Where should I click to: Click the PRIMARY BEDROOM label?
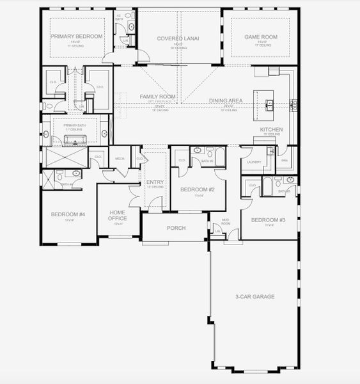coord(77,36)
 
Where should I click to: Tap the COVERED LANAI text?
coord(178,38)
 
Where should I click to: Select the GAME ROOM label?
coord(261,37)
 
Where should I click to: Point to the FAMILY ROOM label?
coord(158,97)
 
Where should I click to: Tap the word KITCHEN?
coord(271,130)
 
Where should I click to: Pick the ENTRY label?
coord(155,182)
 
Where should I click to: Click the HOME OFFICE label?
coord(118,216)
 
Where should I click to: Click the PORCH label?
coord(176,228)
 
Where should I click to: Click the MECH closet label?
coord(120,158)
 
